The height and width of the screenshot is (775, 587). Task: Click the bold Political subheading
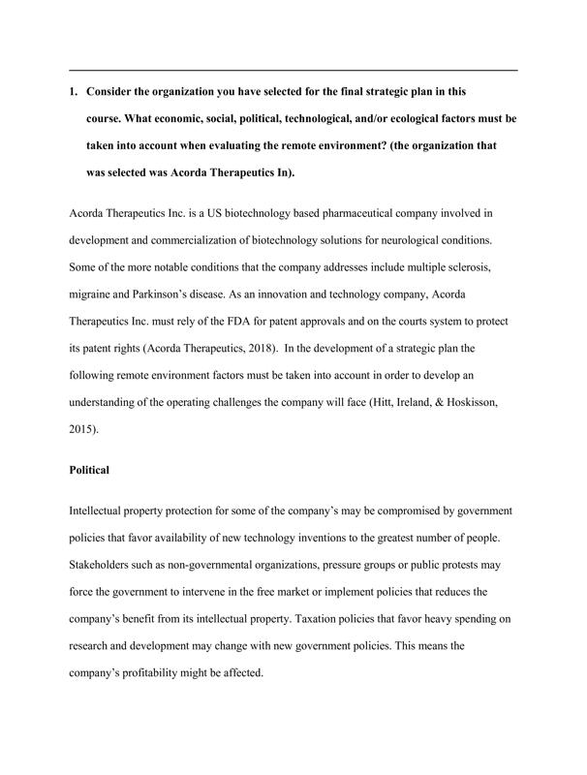pos(90,470)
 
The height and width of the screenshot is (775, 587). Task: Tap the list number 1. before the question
pos(75,92)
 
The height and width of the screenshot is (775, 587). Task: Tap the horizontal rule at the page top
pos(293,70)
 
